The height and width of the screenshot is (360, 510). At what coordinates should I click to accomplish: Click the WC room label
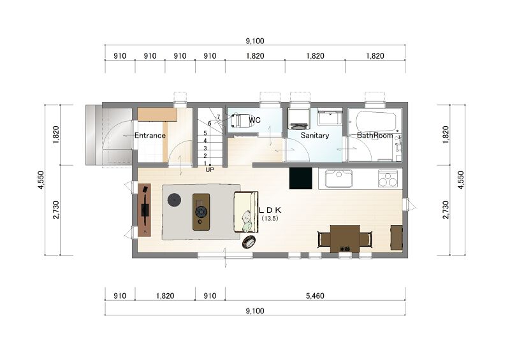pyautogui.click(x=254, y=120)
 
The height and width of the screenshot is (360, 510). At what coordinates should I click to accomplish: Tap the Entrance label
pyautogui.click(x=150, y=136)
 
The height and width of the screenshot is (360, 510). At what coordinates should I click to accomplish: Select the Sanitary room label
pyautogui.click(x=315, y=135)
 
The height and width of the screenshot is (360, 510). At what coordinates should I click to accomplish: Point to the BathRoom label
pyautogui.click(x=375, y=135)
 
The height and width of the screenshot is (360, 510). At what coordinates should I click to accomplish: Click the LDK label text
pyautogui.click(x=270, y=210)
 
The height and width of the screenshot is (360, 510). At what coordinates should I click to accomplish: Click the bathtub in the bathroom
pyautogui.click(x=376, y=122)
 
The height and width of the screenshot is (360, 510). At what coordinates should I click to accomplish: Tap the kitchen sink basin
pyautogui.click(x=339, y=178)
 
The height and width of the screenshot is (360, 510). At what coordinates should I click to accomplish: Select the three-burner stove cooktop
pyautogui.click(x=388, y=178)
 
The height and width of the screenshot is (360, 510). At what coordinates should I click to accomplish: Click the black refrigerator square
pyautogui.click(x=300, y=178)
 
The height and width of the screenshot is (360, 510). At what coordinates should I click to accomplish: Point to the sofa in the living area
pyautogui.click(x=246, y=212)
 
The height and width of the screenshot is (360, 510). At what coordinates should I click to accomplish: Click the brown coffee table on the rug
pyautogui.click(x=201, y=212)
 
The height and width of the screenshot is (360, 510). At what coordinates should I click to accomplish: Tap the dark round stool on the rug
pyautogui.click(x=174, y=199)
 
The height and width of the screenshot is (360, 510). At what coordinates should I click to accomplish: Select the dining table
pyautogui.click(x=345, y=239)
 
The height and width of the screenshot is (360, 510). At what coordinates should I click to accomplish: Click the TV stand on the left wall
pyautogui.click(x=145, y=210)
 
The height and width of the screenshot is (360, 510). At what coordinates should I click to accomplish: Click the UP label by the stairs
pyautogui.click(x=210, y=169)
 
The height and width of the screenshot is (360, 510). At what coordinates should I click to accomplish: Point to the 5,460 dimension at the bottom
pyautogui.click(x=315, y=296)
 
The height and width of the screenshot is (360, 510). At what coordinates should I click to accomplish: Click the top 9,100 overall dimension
pyautogui.click(x=255, y=41)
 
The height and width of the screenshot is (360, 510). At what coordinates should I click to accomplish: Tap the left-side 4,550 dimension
pyautogui.click(x=41, y=180)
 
